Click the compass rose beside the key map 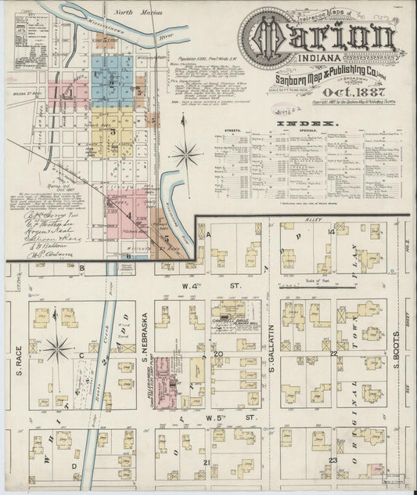point(186,152)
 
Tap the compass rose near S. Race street point(56,347)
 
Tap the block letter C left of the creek point(81,355)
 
